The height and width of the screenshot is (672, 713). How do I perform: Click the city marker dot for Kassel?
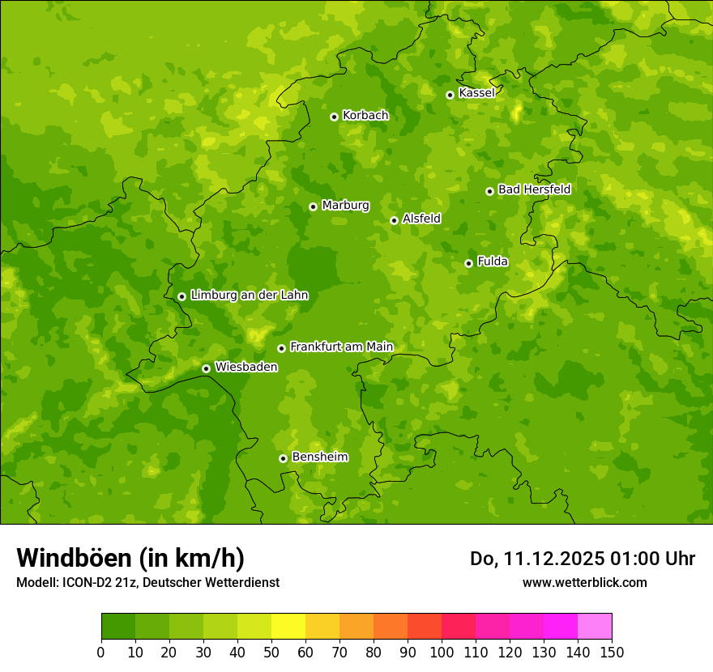coord(450,95)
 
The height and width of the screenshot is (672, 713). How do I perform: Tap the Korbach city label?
coord(365,116)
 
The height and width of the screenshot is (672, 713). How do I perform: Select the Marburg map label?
coord(345,206)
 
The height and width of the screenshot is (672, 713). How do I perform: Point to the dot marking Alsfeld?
coord(394,220)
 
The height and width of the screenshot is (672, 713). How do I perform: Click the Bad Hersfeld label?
coord(534,189)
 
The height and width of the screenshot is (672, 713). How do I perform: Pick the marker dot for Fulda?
coord(468,263)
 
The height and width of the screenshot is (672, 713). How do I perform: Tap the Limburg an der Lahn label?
coord(249,296)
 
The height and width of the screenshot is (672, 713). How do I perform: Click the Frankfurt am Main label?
coord(341,347)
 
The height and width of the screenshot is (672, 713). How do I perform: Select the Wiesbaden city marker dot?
coord(206,368)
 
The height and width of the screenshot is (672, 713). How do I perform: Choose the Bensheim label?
coord(319,457)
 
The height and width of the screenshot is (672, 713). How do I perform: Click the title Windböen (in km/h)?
coord(130,558)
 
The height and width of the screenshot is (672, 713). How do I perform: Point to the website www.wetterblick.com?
coord(584,582)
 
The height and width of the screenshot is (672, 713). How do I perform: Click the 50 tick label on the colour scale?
coord(271,653)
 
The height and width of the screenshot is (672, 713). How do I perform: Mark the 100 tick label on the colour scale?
coord(442,653)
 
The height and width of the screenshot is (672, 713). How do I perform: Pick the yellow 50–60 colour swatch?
coord(288,626)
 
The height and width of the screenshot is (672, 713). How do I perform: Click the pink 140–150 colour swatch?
coord(595,626)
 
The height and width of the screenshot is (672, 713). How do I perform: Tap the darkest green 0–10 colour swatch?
coord(118,626)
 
